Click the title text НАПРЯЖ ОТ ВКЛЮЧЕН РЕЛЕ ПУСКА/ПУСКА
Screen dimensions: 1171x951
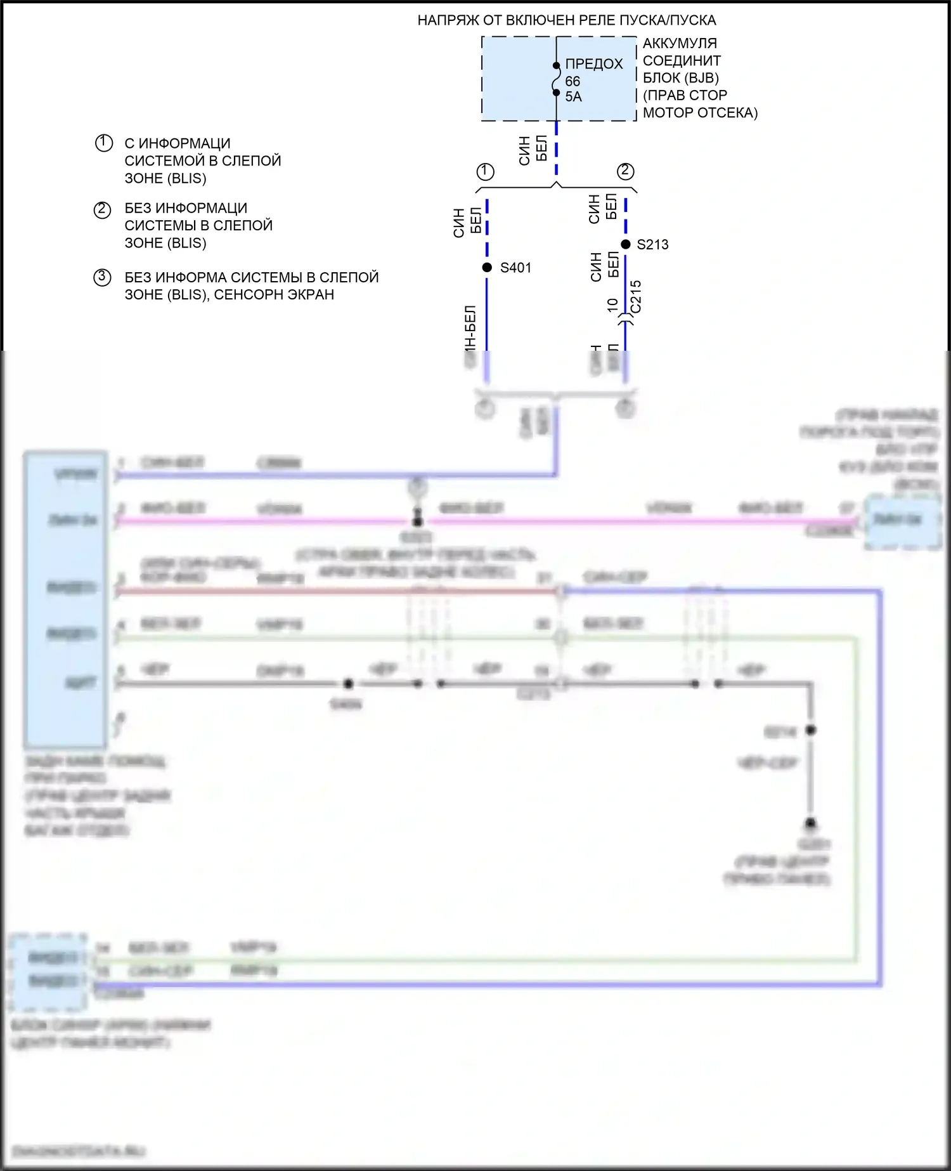[566, 20]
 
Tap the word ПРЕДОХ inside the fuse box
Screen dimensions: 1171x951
[594, 64]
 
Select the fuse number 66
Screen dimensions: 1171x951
[573, 81]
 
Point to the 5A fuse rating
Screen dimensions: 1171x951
[573, 96]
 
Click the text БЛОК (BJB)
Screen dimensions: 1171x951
[681, 78]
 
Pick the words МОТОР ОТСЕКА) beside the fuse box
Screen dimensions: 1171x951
[700, 113]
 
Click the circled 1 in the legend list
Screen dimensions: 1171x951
[104, 143]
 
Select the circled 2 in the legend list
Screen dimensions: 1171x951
[103, 209]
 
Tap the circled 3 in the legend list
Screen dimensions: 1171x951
[103, 278]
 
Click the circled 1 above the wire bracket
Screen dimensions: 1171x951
[485, 171]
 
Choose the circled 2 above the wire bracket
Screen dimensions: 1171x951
[625, 171]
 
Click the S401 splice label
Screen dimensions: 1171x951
[515, 268]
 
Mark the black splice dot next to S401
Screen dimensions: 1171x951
[487, 268]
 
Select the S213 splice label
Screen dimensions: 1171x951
[652, 245]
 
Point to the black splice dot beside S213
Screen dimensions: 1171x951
[626, 244]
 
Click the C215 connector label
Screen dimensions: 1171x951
[636, 296]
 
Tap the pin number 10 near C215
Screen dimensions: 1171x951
[612, 304]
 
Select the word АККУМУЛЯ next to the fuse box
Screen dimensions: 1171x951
[680, 44]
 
